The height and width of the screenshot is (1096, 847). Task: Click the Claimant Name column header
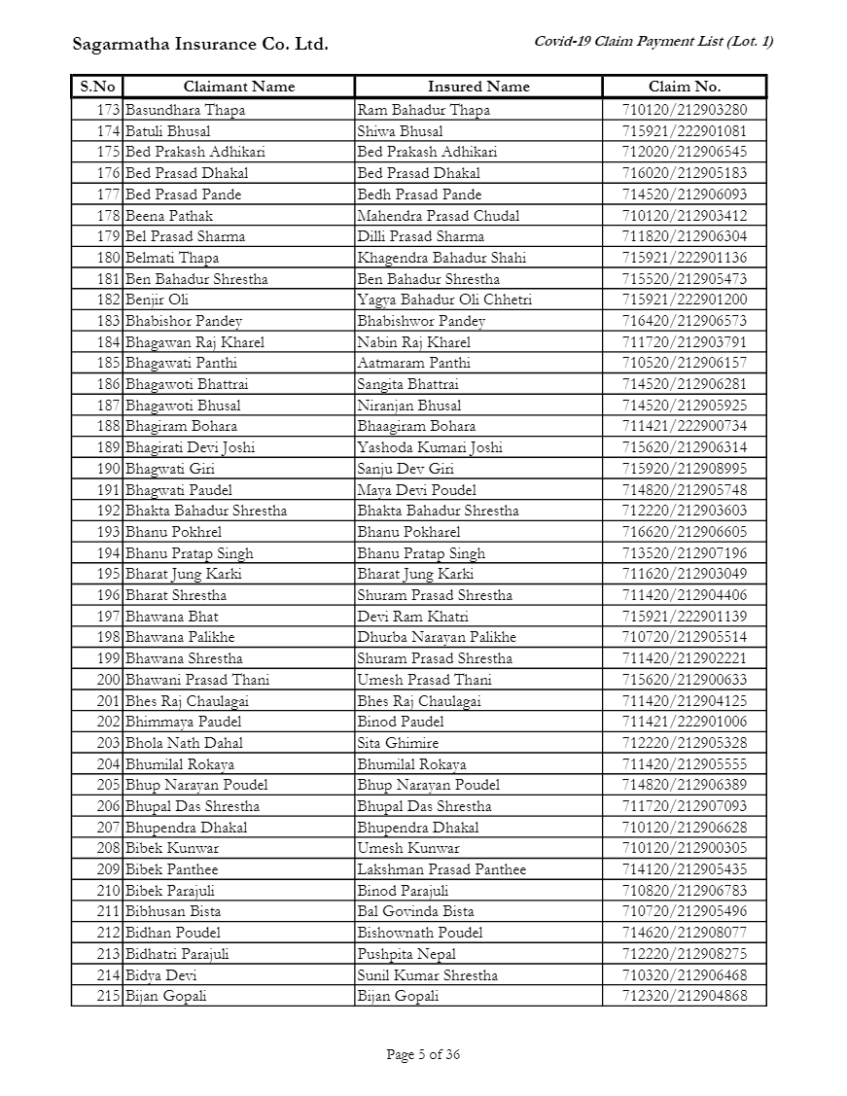[238, 87]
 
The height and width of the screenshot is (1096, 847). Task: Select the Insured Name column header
[478, 87]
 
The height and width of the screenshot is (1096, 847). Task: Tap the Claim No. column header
[684, 87]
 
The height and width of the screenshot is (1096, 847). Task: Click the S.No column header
[97, 87]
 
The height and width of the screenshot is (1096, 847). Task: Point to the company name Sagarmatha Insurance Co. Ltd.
[200, 45]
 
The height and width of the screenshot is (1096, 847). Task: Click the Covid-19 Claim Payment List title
[653, 41]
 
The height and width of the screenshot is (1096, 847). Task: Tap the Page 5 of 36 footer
[423, 1054]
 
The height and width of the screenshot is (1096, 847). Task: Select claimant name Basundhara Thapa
[185, 110]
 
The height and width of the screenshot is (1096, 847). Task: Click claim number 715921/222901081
[685, 131]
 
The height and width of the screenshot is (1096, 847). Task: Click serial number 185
[108, 363]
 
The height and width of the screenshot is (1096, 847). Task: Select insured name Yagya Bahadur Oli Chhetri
[443, 300]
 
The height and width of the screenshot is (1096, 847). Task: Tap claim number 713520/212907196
[685, 553]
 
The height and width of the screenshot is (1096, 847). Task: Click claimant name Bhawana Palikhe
[180, 637]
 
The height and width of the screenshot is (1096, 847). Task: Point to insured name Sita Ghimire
[398, 743]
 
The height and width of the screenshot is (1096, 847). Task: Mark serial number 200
[108, 680]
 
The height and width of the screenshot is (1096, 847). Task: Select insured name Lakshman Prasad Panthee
[441, 869]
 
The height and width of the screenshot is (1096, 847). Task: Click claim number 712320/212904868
[685, 996]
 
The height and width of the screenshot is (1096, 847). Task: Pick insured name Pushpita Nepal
[406, 954]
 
